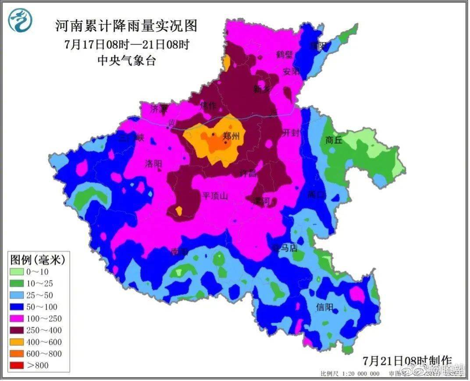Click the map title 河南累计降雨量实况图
[126, 26]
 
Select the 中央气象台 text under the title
[126, 60]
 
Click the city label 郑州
[231, 136]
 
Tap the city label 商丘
[334, 140]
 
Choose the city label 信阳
[324, 307]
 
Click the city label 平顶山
[215, 196]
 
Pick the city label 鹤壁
[285, 55]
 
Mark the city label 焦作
[208, 106]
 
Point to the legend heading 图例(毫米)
[38, 260]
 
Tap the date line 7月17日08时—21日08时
[126, 44]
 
